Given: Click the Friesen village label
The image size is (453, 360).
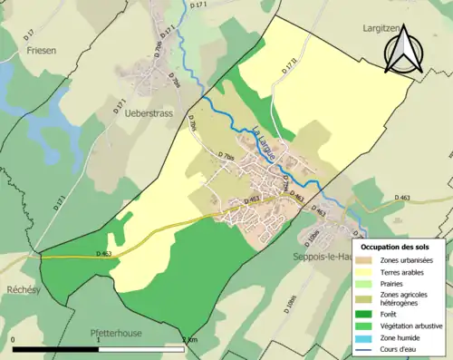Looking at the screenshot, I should tap(30, 51).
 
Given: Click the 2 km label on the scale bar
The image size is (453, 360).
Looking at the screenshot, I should tap(189, 340).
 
